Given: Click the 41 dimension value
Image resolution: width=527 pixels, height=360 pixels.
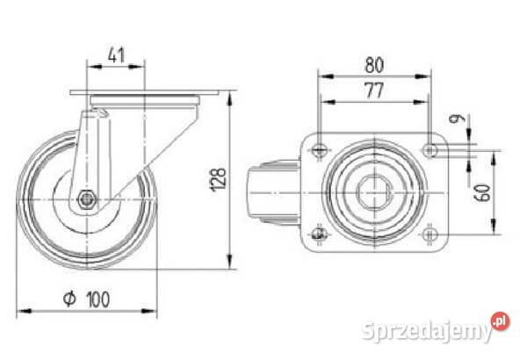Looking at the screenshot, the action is (x=116, y=55).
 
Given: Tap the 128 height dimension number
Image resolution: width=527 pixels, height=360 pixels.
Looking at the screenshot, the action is (x=218, y=179).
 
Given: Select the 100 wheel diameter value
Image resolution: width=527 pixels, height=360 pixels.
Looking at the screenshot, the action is (x=98, y=299).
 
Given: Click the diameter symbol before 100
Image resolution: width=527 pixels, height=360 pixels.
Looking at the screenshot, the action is (x=69, y=299).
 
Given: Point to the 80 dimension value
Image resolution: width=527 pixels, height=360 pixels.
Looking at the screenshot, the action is (x=374, y=65).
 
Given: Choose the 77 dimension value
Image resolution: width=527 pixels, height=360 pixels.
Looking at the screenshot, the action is (x=374, y=90).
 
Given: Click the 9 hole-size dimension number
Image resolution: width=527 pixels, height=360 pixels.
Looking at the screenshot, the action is (x=457, y=119).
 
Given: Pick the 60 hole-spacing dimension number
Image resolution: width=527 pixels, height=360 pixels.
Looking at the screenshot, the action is (x=482, y=192).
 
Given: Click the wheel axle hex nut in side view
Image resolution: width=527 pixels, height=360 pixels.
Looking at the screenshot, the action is (x=87, y=199).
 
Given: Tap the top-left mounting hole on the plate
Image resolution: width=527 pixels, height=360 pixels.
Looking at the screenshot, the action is (x=318, y=149).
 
